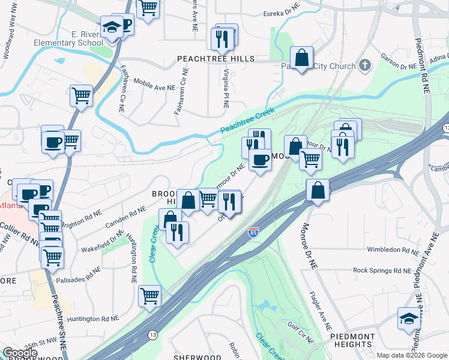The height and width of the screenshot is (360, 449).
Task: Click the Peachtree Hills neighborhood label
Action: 215,59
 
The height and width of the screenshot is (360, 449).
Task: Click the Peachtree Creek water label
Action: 247,121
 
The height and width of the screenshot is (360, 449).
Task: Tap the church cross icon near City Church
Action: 364,64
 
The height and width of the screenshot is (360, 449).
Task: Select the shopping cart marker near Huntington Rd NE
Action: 149,295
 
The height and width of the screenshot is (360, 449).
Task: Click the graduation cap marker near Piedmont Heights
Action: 408,317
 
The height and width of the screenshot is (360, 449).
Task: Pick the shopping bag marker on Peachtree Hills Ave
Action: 302,58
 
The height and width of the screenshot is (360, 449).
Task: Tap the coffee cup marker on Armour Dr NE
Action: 260,160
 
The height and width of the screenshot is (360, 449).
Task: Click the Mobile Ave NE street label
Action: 154,83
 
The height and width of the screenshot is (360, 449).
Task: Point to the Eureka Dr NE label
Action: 282,14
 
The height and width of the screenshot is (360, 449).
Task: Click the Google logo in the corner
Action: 20,353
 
